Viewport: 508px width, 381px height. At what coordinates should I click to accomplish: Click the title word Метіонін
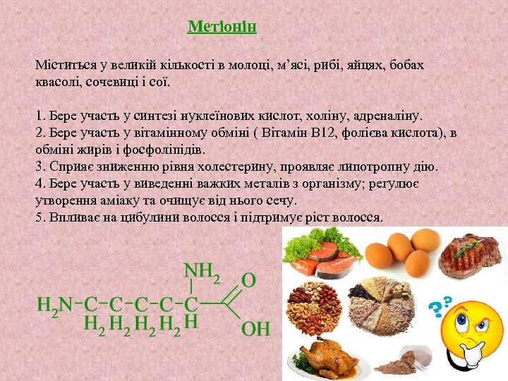click(222, 28)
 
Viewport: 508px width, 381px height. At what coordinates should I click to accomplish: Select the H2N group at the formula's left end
click(55, 306)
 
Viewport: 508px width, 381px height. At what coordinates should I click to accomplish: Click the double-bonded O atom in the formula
click(249, 280)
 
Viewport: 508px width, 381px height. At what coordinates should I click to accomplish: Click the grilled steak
click(469, 258)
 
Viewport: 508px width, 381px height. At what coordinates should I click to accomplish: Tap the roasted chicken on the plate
click(326, 356)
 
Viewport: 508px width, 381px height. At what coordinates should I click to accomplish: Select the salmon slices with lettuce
click(317, 255)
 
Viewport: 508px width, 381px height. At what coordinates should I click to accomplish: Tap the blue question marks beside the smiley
click(441, 304)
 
